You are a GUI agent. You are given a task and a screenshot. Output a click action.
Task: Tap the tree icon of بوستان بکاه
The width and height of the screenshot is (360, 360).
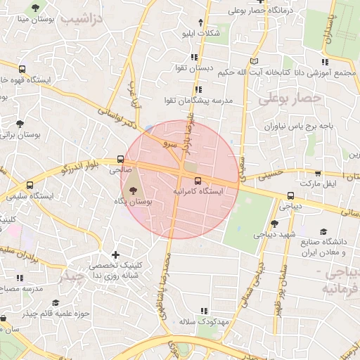[131, 189]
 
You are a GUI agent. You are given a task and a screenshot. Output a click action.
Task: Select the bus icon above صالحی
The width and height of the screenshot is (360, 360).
[120, 159]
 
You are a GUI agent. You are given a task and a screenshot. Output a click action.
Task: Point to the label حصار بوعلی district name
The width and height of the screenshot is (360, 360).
[289, 101]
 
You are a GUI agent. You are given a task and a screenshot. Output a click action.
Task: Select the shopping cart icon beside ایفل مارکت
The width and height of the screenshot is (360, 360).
[318, 173]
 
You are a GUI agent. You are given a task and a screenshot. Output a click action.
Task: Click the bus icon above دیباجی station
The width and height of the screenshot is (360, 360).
[290, 196]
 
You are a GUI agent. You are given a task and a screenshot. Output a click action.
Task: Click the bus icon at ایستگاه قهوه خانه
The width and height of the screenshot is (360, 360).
[23, 70]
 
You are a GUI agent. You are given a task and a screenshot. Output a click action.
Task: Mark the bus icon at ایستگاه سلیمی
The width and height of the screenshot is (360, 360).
[29, 185]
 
